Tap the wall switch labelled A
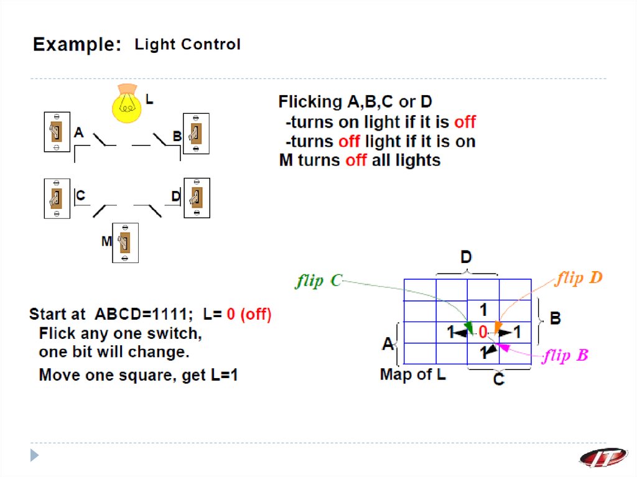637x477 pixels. click(x=57, y=131)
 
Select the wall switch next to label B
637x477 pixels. click(x=195, y=133)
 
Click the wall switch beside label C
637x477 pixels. click(x=57, y=198)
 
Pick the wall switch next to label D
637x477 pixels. click(x=197, y=198)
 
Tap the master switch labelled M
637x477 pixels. click(x=124, y=242)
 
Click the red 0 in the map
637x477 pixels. click(x=483, y=333)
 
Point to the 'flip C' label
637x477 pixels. click(x=318, y=280)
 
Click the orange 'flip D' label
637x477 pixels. click(x=579, y=278)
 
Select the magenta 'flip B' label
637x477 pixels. click(x=565, y=356)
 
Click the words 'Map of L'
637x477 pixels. click(x=412, y=375)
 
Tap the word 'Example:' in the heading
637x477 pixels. click(x=77, y=45)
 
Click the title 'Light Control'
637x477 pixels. click(x=187, y=45)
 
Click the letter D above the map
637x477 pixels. click(x=466, y=257)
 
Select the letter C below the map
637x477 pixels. click(x=498, y=379)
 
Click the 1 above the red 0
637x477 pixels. click(x=483, y=310)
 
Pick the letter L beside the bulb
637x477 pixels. click(x=149, y=98)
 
